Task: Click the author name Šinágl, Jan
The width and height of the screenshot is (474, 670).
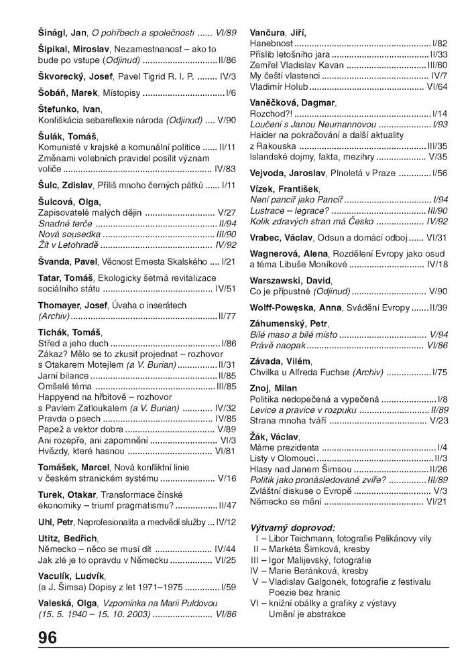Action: pyautogui.click(x=62, y=32)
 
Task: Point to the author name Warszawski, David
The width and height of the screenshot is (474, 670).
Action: pyautogui.click(x=290, y=280)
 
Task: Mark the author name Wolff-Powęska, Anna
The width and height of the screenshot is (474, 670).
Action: pyautogui.click(x=295, y=308)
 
